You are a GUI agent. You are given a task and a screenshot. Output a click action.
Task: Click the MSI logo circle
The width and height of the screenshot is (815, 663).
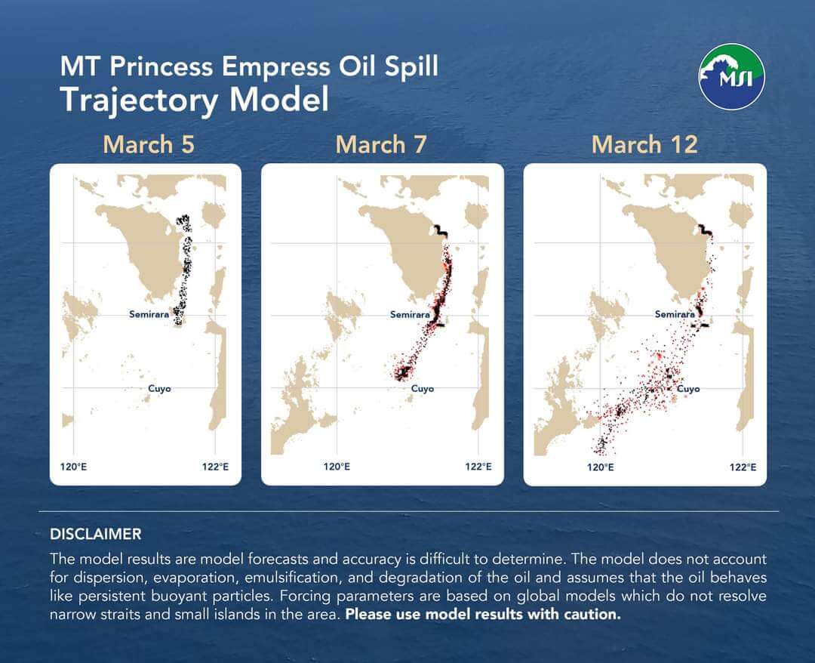(731, 76)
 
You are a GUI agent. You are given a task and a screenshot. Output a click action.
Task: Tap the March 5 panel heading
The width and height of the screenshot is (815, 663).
(149, 144)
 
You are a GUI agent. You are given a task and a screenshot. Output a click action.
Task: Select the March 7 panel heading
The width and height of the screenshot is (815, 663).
(381, 144)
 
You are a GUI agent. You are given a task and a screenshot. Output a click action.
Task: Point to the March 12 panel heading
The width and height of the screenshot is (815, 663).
(644, 144)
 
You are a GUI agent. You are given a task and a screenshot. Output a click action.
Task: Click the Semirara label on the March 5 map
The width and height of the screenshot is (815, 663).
(149, 314)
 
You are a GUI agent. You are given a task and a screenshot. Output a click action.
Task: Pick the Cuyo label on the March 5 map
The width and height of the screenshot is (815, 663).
(159, 388)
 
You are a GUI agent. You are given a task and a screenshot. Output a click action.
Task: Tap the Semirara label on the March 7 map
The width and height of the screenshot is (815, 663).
(410, 314)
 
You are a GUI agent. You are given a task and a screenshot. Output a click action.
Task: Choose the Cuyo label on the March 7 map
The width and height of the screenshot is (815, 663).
(422, 388)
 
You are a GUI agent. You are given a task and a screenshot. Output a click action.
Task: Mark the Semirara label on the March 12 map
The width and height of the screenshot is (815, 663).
(675, 314)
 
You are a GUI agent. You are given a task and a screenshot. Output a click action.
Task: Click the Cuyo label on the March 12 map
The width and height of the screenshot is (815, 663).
(688, 388)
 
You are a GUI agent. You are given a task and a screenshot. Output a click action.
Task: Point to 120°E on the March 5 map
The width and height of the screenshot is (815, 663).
(73, 467)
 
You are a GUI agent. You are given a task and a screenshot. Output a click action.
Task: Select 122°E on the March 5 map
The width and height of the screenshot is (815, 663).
(215, 467)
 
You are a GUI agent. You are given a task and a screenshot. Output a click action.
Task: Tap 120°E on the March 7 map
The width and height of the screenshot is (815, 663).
(337, 467)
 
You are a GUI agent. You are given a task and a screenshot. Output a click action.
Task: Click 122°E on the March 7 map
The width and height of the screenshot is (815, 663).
(478, 467)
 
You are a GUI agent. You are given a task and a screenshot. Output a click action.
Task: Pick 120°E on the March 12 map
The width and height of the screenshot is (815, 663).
(601, 467)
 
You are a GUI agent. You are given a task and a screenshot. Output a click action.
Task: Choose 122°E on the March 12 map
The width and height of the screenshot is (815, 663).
(743, 467)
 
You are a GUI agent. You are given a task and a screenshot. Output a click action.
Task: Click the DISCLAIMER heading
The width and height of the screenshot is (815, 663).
(96, 534)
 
